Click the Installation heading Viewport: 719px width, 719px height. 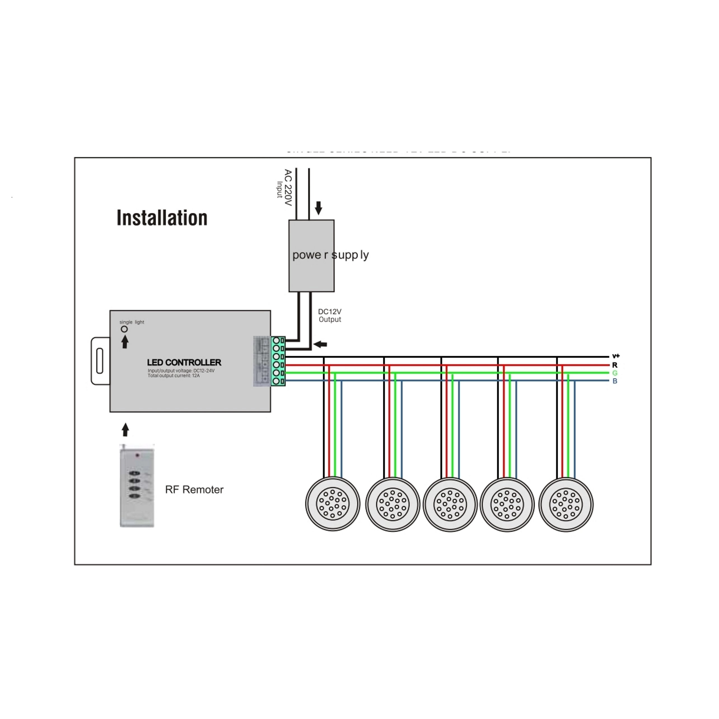[x=162, y=218]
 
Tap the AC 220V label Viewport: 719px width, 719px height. [x=288, y=187]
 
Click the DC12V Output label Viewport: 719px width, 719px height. [x=330, y=315]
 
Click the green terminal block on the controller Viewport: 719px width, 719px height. [x=278, y=361]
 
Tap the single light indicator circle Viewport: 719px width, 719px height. [x=124, y=329]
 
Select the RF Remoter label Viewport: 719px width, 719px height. [x=194, y=489]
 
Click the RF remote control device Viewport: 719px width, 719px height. [x=137, y=486]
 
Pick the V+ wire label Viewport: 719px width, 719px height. [x=616, y=356]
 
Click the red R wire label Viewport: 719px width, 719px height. [x=615, y=365]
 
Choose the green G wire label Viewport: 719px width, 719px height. [x=615, y=373]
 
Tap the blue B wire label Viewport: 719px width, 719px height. [x=615, y=381]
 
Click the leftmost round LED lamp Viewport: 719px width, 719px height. [x=333, y=504]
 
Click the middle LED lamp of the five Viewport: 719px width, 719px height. [x=450, y=505]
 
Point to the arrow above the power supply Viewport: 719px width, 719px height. [x=318, y=208]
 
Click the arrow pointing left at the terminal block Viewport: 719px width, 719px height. [x=320, y=344]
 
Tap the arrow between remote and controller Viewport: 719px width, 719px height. [x=125, y=429]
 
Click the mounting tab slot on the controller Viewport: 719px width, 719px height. [x=99, y=360]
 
